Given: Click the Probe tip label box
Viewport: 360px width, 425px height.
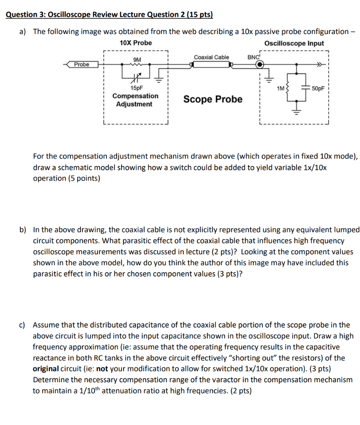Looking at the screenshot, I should pyautogui.click(x=82, y=64).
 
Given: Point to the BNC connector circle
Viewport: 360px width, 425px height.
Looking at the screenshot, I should pyautogui.click(x=259, y=64).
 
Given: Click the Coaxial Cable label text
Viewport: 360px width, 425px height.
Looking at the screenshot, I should pyautogui.click(x=211, y=57).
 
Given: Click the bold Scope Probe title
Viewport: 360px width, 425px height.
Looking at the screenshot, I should pyautogui.click(x=213, y=99).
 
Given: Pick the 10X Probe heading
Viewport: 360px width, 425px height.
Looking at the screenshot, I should pyautogui.click(x=136, y=43).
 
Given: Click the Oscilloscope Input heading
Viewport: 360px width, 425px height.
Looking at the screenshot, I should pyautogui.click(x=294, y=43).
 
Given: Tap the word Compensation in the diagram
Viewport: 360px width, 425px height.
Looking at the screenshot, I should pyautogui.click(x=135, y=96).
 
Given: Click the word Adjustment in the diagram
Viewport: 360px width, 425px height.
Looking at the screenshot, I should pyautogui.click(x=134, y=104).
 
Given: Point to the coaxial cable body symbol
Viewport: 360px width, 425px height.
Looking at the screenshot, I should pyautogui.click(x=210, y=64).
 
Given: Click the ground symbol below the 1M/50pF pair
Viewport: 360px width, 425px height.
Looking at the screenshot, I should pyautogui.click(x=296, y=109).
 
